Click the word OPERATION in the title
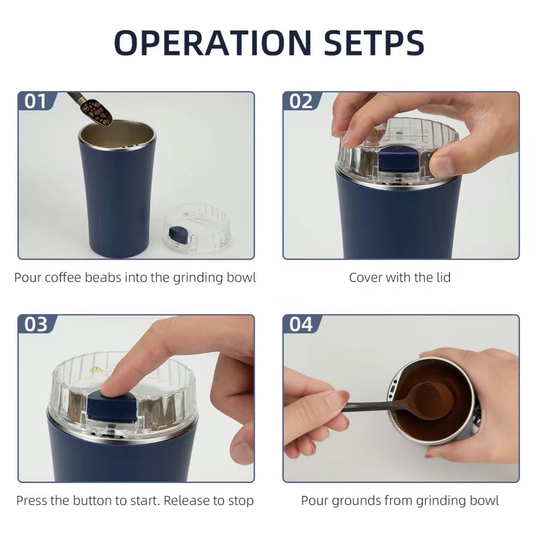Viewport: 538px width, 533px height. (x=213, y=43)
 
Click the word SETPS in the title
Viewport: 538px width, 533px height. (x=374, y=43)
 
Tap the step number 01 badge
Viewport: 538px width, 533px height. (x=35, y=101)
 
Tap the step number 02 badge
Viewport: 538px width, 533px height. (x=301, y=101)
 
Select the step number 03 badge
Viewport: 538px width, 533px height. (x=35, y=325)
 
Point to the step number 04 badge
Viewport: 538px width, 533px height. (x=301, y=325)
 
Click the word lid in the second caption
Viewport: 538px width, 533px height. (x=443, y=277)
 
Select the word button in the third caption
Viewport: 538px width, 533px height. (x=92, y=501)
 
